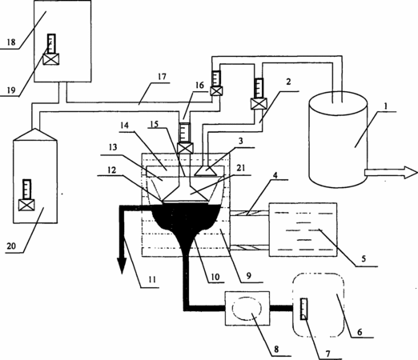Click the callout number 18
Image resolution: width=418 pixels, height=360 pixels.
11,42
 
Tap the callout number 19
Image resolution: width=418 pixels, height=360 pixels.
11,90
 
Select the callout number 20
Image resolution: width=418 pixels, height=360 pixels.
11,246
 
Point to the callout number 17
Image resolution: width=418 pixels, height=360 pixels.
162,77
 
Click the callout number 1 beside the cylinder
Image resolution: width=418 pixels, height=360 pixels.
385,106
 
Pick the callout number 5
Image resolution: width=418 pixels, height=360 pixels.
364,258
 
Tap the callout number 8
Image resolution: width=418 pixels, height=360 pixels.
276,349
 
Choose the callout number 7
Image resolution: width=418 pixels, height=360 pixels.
328,354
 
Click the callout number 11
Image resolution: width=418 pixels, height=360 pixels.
152,279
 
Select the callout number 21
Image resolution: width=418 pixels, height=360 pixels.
242,168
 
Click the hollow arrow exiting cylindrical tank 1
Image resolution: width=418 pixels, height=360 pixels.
391,173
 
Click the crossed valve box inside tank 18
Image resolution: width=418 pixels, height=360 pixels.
51,59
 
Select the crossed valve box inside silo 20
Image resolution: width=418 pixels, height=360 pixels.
26,205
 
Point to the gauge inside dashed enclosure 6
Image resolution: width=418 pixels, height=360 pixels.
303,309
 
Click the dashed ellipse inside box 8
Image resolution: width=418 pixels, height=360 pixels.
247,308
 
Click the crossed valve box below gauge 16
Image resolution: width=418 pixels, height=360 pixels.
185,148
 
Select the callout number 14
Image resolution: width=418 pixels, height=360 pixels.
123,125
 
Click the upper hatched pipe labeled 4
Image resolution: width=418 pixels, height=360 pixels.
249,213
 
